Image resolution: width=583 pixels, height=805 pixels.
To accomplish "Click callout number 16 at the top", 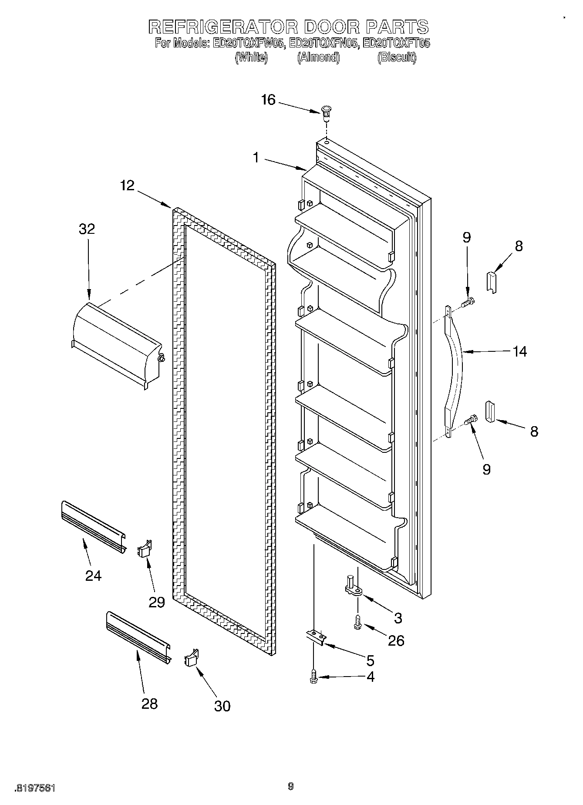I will [x=268, y=100].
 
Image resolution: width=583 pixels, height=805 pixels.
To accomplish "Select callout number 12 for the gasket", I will [x=127, y=186].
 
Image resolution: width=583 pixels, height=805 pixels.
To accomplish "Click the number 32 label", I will [x=87, y=229].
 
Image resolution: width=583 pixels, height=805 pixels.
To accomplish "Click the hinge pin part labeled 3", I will [x=352, y=585].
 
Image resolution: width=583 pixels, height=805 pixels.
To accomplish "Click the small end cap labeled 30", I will [x=191, y=658].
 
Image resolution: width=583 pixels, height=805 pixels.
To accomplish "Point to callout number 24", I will [x=93, y=576].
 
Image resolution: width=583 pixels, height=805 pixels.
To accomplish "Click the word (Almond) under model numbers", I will [x=318, y=57].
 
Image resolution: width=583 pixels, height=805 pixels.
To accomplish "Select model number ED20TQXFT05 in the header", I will [x=396, y=44].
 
